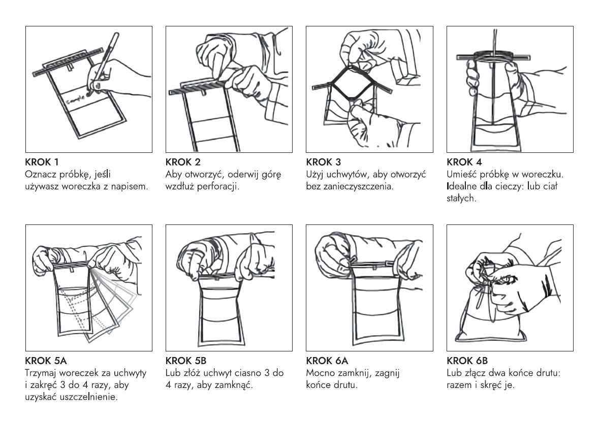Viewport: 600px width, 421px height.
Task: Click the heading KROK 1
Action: point(42,162)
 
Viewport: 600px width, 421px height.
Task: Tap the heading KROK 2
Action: point(183,162)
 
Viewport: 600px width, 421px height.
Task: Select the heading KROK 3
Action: point(323,162)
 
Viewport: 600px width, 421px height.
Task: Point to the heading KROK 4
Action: point(464,162)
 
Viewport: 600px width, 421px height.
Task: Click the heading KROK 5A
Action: point(46,361)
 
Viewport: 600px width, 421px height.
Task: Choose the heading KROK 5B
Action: point(186,361)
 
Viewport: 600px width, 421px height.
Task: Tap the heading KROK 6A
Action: point(327,361)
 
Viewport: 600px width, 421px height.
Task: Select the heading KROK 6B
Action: point(467,361)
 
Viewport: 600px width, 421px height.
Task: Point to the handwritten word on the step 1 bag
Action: point(77,100)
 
